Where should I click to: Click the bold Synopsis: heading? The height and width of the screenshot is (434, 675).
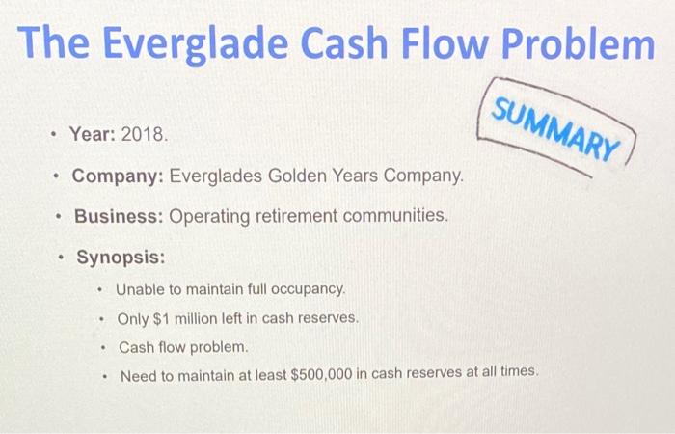121,258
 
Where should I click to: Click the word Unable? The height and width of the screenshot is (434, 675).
139,289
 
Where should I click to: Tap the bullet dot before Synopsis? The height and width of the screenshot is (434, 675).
60,258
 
